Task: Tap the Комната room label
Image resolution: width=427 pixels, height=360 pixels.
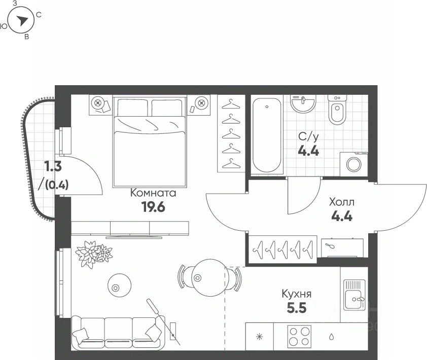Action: pos(153,193)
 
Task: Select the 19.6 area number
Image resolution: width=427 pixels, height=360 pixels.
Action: pos(153,207)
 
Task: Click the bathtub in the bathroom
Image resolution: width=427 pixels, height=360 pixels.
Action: pos(267,135)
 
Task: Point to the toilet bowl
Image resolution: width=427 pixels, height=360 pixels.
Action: pos(337,110)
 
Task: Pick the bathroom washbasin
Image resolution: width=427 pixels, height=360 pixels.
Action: pos(303,104)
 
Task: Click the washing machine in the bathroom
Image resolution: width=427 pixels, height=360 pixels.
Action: pos(354,164)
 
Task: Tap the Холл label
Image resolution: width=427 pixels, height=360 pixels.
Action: pos(342,202)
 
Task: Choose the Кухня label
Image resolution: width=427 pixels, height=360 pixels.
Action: pos(297,294)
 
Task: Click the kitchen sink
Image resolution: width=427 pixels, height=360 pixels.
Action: pos(354,295)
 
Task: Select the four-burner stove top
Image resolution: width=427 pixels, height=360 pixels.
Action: pos(299,337)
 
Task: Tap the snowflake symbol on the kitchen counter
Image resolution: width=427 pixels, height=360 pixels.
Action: pos(259,337)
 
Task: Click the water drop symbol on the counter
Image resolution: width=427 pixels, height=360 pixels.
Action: pos(332,337)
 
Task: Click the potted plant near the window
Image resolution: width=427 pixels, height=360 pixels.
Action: pos(93,254)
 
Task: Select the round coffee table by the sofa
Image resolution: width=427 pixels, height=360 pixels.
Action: pos(119,285)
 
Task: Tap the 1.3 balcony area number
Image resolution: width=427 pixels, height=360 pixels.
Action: pos(53,166)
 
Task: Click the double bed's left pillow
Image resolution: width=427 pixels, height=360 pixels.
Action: pos(133,108)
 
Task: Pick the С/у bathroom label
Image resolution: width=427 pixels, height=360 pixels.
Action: pos(308,137)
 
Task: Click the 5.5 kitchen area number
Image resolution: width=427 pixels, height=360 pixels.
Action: pos(297,308)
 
